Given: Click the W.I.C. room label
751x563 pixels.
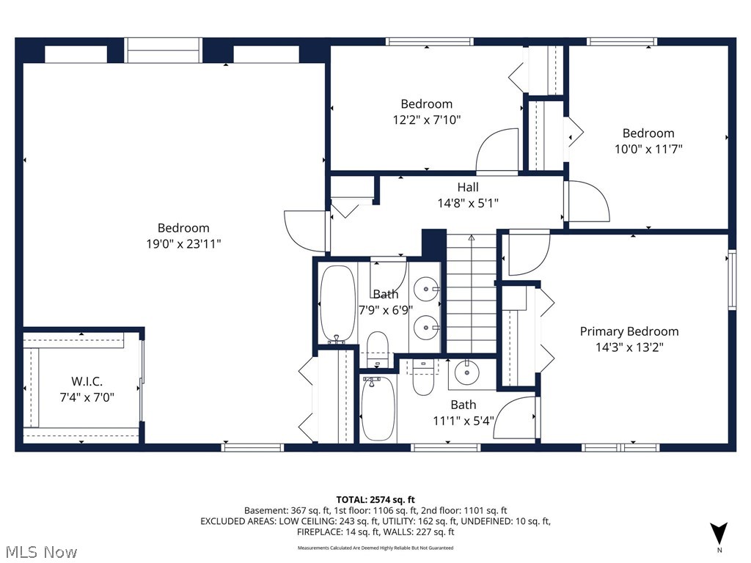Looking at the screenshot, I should click(x=87, y=381).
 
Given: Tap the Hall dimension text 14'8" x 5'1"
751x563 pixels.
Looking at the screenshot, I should click(x=468, y=203).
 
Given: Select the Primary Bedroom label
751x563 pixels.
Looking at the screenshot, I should click(x=629, y=331).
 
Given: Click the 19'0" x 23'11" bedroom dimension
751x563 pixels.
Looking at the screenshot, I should click(x=183, y=244).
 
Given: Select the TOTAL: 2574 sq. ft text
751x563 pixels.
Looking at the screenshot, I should click(x=375, y=498).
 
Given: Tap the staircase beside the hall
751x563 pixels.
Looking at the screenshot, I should click(x=472, y=293).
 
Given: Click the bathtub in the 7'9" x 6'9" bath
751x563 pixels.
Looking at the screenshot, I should click(x=337, y=303).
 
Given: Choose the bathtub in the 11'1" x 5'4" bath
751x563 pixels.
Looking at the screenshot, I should click(x=378, y=408).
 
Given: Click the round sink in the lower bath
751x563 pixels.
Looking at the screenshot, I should click(x=466, y=373).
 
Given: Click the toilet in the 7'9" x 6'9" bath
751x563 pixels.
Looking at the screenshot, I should click(x=377, y=348).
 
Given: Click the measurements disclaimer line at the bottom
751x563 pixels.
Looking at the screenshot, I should click(x=375, y=548).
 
